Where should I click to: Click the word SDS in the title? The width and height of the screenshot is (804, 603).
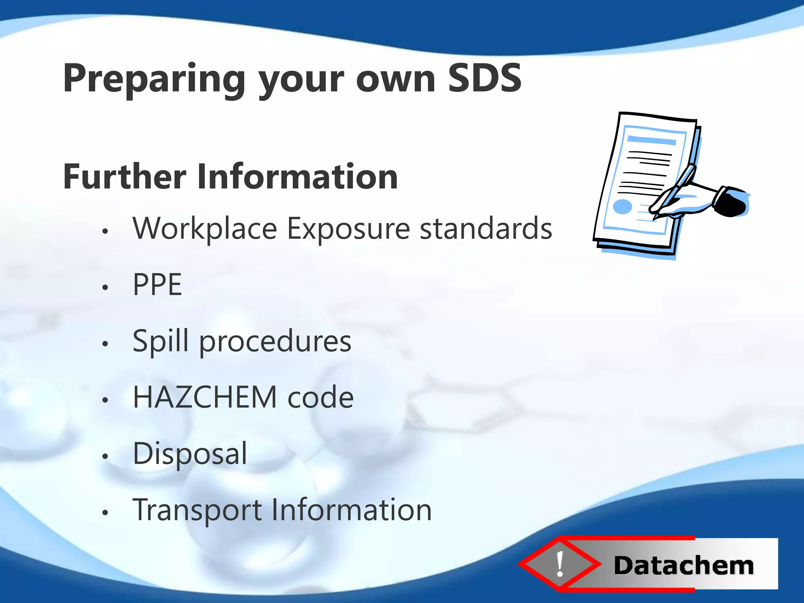(484, 79)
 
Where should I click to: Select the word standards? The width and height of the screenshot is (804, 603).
(486, 229)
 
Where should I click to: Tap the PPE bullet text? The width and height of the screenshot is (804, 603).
(157, 285)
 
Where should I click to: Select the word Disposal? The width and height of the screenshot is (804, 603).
(190, 454)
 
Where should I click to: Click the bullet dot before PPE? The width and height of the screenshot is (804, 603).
(105, 288)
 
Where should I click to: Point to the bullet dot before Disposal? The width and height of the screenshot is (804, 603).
(105, 456)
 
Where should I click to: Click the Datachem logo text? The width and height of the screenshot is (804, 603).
(683, 566)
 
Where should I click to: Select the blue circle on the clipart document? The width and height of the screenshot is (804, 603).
(622, 206)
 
